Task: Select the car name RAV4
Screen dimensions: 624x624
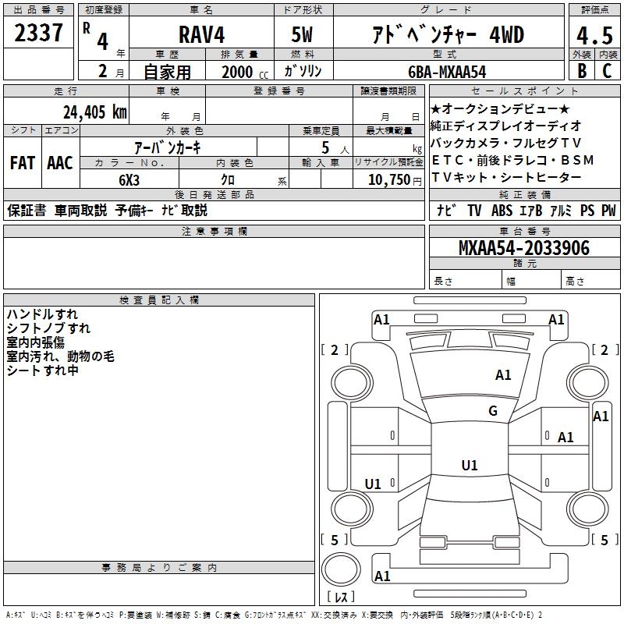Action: pyautogui.click(x=201, y=34)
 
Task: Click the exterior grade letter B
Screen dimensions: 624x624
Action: pyautogui.click(x=582, y=70)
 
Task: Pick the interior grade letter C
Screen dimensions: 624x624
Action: pyautogui.click(x=607, y=70)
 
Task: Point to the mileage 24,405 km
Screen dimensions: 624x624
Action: pyautogui.click(x=94, y=112)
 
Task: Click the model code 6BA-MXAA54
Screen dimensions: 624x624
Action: pyautogui.click(x=447, y=71)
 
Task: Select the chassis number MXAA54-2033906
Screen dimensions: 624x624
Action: pyautogui.click(x=524, y=248)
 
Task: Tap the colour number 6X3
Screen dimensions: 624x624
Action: pyautogui.click(x=129, y=179)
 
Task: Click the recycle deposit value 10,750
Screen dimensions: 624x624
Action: pyautogui.click(x=388, y=179)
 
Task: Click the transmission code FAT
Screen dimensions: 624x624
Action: pyautogui.click(x=22, y=163)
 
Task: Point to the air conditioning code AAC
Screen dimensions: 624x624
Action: pyautogui.click(x=59, y=163)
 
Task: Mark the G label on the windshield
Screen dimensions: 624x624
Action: pyautogui.click(x=493, y=411)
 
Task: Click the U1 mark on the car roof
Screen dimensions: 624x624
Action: pyautogui.click(x=470, y=466)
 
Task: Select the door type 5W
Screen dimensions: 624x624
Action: pyautogui.click(x=302, y=34)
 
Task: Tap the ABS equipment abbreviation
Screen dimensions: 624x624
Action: pyautogui.click(x=502, y=211)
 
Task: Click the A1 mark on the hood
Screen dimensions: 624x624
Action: pyautogui.click(x=503, y=375)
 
